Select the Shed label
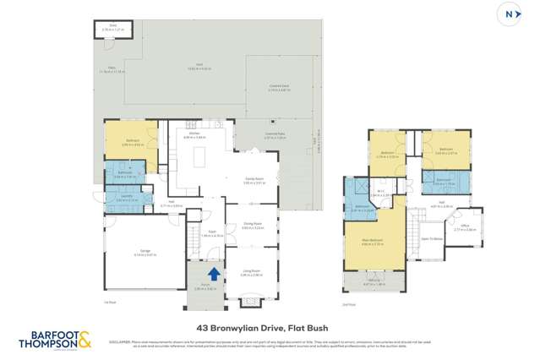click(x=112, y=28)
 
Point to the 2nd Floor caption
click(x=348, y=302)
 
